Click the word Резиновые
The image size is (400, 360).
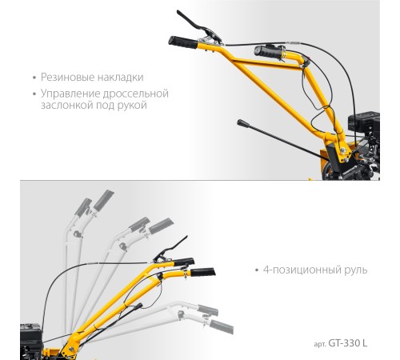point(67,78)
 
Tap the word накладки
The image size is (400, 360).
point(120,78)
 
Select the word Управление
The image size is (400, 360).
point(70,94)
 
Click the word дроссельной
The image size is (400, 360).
point(136,94)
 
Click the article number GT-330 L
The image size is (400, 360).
point(348,343)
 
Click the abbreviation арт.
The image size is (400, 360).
point(320,344)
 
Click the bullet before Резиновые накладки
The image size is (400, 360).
point(34,78)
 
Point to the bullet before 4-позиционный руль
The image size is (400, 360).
point(257,270)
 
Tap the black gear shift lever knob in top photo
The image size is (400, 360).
point(242,123)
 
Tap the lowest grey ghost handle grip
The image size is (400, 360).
point(222,326)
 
